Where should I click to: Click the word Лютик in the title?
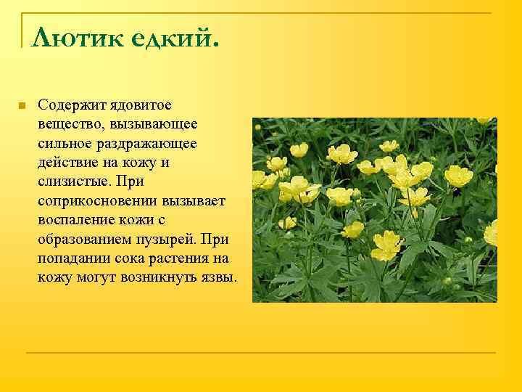[x=76, y=36]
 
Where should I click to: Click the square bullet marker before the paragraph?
[x=22, y=106]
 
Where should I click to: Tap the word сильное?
[x=63, y=144]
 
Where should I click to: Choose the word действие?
[x=66, y=163]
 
